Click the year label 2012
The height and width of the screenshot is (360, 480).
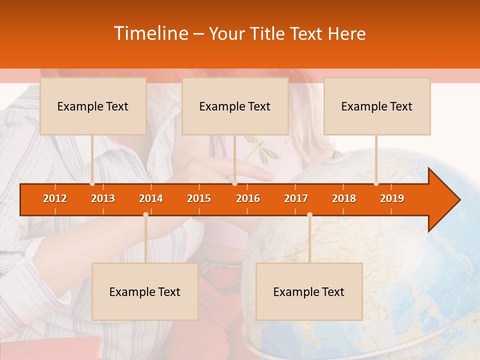[55, 198]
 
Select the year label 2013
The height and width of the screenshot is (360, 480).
[103, 198]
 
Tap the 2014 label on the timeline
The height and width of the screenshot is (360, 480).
[151, 198]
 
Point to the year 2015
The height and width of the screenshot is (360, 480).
[199, 198]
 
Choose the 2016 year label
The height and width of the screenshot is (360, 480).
[248, 198]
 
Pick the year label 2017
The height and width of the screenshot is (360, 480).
[296, 198]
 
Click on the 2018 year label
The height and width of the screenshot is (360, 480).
[344, 198]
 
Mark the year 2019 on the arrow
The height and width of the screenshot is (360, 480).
[392, 198]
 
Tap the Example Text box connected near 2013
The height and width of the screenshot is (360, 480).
[93, 106]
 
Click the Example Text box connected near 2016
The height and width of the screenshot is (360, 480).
[235, 106]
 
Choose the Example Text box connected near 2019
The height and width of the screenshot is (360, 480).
[377, 106]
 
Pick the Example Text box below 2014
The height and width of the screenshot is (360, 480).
[145, 291]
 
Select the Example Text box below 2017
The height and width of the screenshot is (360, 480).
[309, 291]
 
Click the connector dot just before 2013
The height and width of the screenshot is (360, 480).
[92, 183]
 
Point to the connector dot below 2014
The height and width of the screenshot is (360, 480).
[145, 215]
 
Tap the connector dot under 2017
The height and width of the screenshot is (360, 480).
[309, 215]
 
